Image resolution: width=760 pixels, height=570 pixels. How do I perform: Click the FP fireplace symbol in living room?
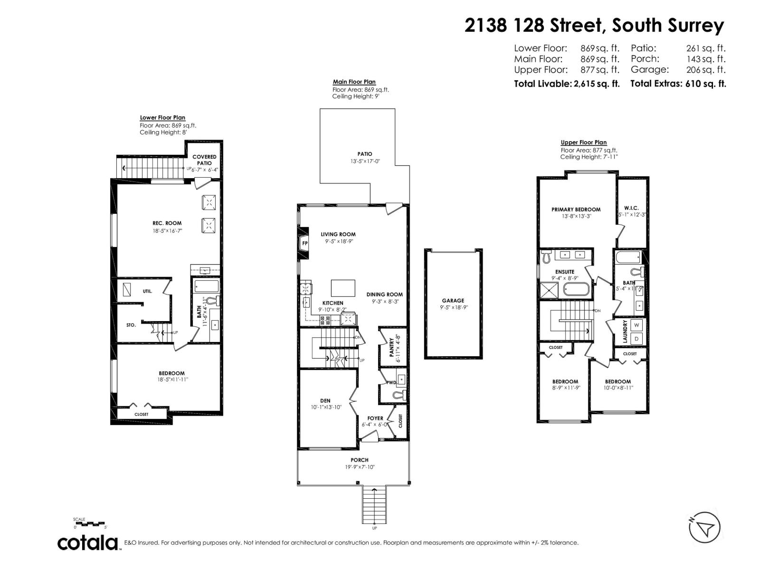tap(304, 243)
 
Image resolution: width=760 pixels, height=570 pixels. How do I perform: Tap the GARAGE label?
tap(453, 301)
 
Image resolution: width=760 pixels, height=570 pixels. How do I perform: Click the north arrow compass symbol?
tap(705, 527)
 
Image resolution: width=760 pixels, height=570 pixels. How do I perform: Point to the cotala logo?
tap(88, 542)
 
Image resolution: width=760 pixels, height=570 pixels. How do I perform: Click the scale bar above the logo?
tap(90, 524)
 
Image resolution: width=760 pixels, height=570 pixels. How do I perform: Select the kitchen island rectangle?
tap(343, 288)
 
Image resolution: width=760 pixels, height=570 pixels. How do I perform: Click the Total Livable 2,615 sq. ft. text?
tap(567, 84)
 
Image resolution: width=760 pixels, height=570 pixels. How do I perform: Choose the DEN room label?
tap(325, 401)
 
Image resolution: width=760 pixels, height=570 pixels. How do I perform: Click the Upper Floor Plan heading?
tap(583, 142)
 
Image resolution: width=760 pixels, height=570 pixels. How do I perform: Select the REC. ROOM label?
tap(167, 223)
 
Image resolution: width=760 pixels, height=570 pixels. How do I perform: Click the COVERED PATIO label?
tap(204, 160)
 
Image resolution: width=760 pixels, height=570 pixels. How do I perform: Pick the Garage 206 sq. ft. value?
tap(706, 70)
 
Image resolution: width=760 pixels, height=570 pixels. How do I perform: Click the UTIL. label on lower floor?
tap(147, 291)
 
